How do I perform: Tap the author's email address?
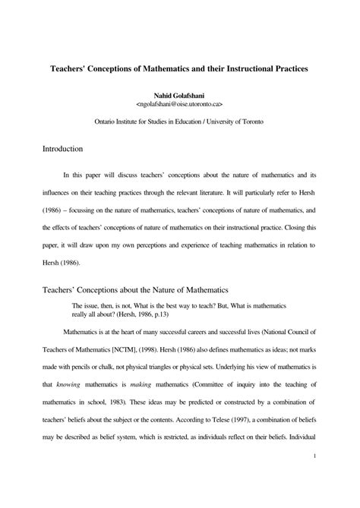[179, 107]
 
